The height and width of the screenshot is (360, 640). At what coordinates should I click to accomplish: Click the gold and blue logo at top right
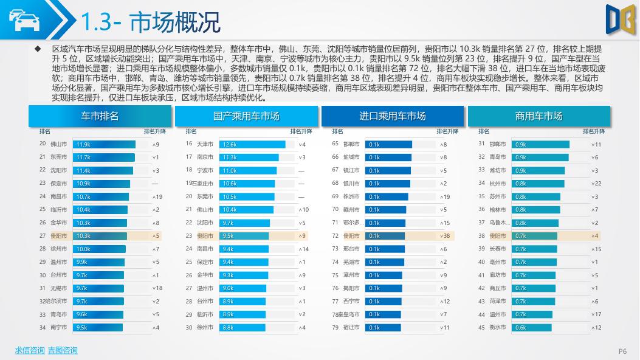619,18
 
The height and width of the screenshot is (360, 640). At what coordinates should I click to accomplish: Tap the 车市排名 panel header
100,116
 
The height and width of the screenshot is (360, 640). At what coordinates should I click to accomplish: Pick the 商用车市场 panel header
538,116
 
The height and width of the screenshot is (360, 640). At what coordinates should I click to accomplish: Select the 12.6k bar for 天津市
252,144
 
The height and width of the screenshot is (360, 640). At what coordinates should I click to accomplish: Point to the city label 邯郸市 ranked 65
351,144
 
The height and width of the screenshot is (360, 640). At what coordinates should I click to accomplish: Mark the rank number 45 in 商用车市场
481,327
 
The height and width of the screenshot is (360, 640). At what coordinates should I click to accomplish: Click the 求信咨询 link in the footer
30,350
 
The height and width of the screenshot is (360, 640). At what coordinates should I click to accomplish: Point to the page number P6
622,351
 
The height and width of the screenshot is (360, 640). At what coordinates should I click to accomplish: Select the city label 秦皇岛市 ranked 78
350,314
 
